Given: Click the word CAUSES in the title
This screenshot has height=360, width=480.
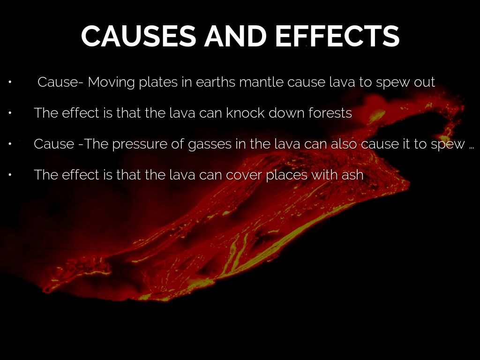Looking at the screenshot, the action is point(138,36).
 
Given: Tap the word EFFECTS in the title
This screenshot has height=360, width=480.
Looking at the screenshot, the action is point(337,36).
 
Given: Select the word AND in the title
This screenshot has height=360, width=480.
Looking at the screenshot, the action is point(235,36).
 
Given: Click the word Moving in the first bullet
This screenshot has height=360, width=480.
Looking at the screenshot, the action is point(111,82).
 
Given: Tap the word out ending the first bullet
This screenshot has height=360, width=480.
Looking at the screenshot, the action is point(424,82).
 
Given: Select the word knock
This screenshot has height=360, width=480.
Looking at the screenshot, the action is point(245,113).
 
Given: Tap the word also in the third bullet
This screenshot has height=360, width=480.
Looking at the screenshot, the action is point(344,144).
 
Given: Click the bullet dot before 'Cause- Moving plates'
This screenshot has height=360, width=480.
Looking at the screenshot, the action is point(10,82).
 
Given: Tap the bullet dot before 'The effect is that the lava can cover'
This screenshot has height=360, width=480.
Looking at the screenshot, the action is point(10,175).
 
